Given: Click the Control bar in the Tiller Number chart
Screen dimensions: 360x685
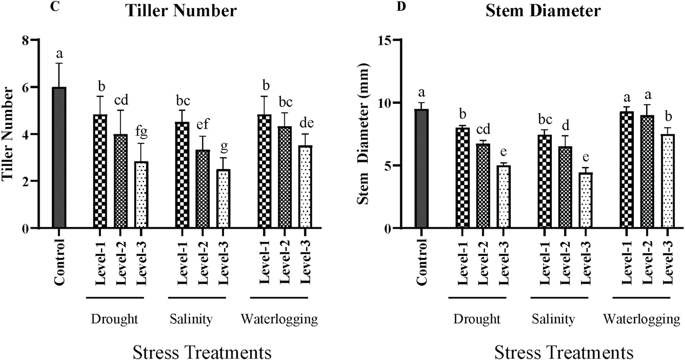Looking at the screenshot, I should coord(59,157).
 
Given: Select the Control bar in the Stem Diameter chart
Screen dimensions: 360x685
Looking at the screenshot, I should coord(422,168).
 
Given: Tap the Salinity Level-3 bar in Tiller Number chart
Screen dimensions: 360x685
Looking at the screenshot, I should coord(224,199).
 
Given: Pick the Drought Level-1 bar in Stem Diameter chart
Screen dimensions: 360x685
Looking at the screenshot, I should coord(463,177).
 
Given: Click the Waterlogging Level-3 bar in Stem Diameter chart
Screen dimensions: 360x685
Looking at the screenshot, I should coord(668,181).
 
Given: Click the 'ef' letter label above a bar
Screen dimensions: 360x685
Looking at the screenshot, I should coord(203,124).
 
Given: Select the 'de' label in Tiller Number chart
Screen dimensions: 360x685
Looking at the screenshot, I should coord(306,123).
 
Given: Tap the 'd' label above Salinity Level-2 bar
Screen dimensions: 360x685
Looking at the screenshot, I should coord(565,125).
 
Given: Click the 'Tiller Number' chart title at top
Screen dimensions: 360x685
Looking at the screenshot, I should coord(181,11).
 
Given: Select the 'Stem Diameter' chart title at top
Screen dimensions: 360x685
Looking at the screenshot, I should coord(543,11).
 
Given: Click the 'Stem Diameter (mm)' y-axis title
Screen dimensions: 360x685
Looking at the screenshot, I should coord(363,134).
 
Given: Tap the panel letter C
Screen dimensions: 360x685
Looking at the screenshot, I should coord(55,7).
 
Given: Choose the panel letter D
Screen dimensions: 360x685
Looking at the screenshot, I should coord(401,7).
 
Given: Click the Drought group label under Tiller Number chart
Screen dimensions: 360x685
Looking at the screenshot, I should coord(114,319).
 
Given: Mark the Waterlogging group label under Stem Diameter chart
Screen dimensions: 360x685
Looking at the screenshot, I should coord(641,319).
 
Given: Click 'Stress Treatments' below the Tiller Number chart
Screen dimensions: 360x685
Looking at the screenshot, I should coord(202,352).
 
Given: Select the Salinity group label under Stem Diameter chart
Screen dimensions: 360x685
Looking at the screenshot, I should coord(553,319).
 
